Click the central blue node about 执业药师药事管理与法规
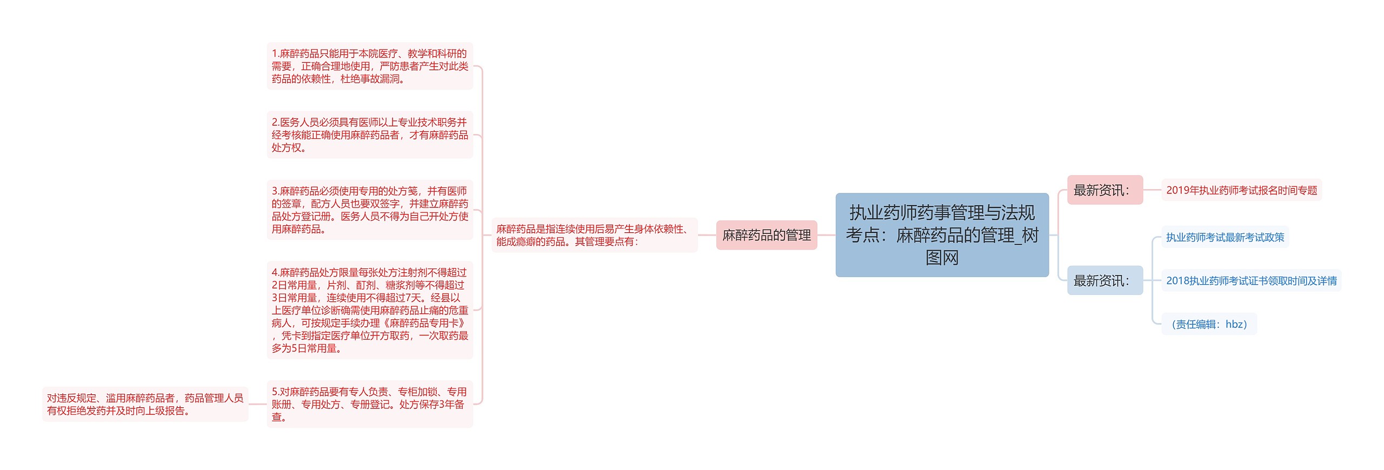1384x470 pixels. (942, 235)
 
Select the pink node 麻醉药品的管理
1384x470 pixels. (766, 235)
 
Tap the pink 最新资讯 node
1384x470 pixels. (1104, 190)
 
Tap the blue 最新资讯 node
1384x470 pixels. (1104, 280)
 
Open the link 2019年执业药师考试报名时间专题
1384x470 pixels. (1241, 190)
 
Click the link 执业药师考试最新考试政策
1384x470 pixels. (1225, 237)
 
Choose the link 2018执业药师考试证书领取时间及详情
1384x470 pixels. (1251, 280)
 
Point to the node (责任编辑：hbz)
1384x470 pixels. (1209, 324)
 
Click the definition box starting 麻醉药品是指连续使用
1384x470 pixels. (594, 235)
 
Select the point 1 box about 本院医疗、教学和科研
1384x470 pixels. (370, 66)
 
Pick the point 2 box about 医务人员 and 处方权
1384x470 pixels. (370, 135)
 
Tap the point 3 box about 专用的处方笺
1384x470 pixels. (370, 210)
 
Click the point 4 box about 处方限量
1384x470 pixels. (370, 310)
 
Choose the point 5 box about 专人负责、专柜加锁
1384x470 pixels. (370, 404)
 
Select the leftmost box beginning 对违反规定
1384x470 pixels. (145, 404)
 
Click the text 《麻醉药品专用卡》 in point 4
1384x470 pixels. (427, 323)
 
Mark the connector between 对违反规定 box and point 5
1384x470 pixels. (257, 404)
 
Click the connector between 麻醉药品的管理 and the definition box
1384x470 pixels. (707, 235)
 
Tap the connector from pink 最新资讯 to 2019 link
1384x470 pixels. (1152, 190)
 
